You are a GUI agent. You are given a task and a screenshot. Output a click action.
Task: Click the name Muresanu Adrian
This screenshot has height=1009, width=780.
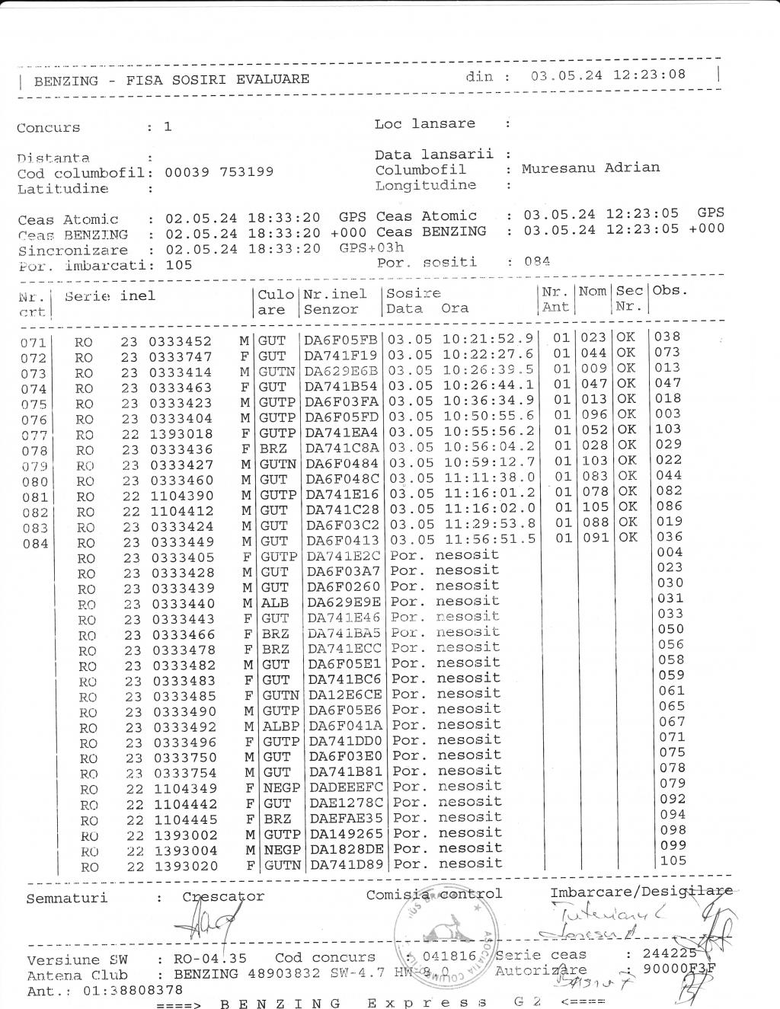pos(590,168)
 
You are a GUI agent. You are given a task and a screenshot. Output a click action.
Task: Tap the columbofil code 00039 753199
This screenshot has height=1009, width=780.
pos(219,172)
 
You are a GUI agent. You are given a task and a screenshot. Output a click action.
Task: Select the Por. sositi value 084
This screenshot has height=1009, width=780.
pos(537,262)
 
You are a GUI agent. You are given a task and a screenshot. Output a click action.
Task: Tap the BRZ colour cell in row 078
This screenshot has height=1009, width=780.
pos(272,449)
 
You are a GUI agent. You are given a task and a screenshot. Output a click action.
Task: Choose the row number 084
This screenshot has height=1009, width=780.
pos(34,544)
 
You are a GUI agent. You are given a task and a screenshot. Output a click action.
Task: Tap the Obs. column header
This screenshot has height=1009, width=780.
pos(670,290)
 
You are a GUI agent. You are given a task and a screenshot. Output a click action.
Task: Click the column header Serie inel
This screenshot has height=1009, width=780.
pos(110,296)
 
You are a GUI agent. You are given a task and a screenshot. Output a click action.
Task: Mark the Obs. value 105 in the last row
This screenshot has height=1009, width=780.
pos(673,861)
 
